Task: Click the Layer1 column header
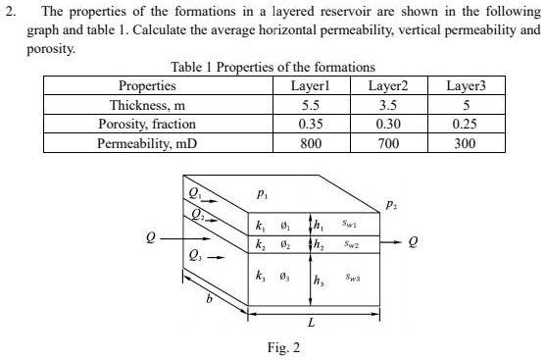pos(310,86)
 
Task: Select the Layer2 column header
pos(387,86)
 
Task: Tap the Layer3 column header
pos(466,86)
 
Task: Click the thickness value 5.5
pos(310,105)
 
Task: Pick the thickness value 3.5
pos(387,105)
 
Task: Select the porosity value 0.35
pos(310,124)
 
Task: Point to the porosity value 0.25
pos(466,124)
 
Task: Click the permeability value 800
pos(310,143)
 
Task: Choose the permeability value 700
pos(387,143)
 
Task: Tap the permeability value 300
pos(466,143)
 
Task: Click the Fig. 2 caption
pos(283,347)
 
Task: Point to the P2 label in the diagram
pos(392,206)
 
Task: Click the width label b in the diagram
pos(208,311)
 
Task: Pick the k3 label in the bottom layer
pos(260,279)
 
